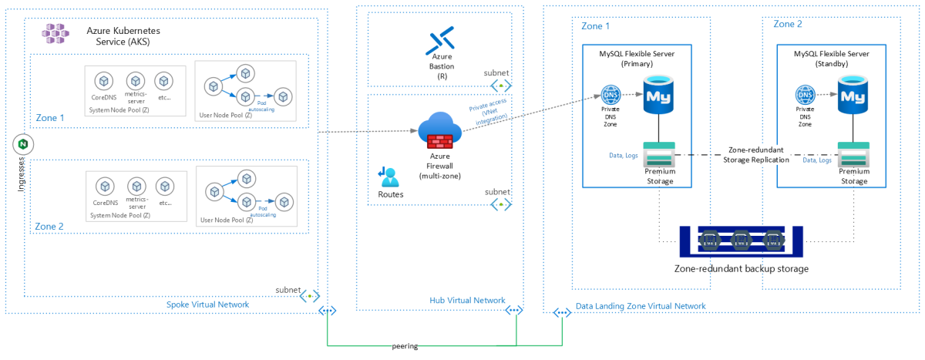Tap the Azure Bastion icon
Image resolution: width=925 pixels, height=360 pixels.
tap(442, 40)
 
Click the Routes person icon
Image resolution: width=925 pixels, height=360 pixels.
tap(388, 177)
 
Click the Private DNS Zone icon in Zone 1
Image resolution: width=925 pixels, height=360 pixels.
tap(611, 96)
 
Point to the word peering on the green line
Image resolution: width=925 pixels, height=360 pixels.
tap(405, 346)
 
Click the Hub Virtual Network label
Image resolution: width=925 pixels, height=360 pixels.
tap(467, 300)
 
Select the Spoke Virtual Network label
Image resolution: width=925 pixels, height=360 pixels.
tap(207, 304)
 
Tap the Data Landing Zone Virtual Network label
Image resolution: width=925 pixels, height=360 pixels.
tap(641, 306)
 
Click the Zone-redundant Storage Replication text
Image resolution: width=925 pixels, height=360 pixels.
tap(758, 154)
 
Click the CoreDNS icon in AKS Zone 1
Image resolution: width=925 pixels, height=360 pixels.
tap(101, 81)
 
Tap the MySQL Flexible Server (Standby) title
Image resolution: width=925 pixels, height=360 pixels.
tap(831, 59)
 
